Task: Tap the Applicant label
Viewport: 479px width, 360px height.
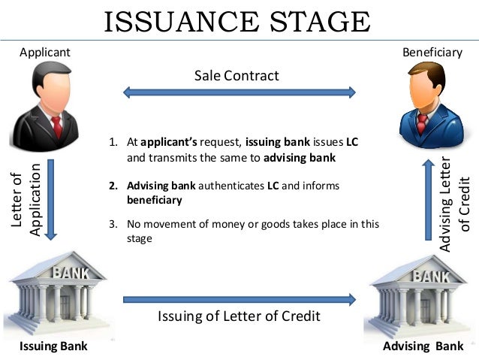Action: pos(45,52)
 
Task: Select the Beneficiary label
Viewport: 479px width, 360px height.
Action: pos(432,52)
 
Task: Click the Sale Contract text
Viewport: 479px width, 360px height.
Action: pos(236,76)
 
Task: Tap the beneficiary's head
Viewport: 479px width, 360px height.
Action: pos(426,84)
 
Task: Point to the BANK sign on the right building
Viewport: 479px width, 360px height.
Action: pos(429,275)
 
